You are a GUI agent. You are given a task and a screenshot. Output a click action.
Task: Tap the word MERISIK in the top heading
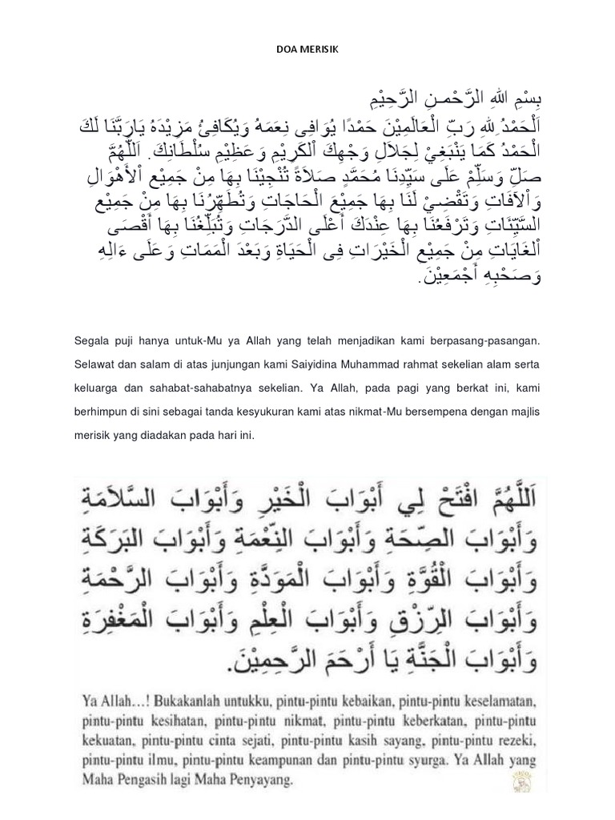[320, 49]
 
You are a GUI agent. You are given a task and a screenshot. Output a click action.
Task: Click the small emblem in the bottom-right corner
[525, 781]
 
